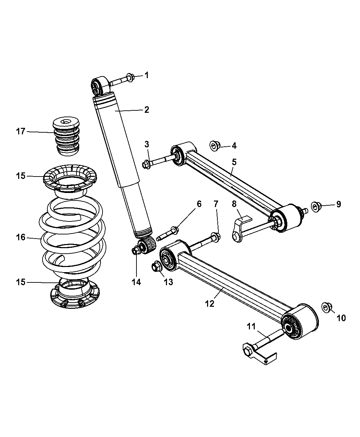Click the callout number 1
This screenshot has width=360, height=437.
point(146,75)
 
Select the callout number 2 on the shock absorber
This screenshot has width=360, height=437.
point(146,110)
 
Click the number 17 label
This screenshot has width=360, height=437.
point(21,131)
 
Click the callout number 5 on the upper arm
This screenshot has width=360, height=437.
point(234,161)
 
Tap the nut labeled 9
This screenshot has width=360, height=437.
point(316,206)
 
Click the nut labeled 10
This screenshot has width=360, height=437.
point(326,307)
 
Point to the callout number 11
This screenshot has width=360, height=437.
point(252,326)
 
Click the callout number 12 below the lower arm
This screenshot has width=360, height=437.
point(209,303)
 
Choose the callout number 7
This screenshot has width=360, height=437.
point(216,204)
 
